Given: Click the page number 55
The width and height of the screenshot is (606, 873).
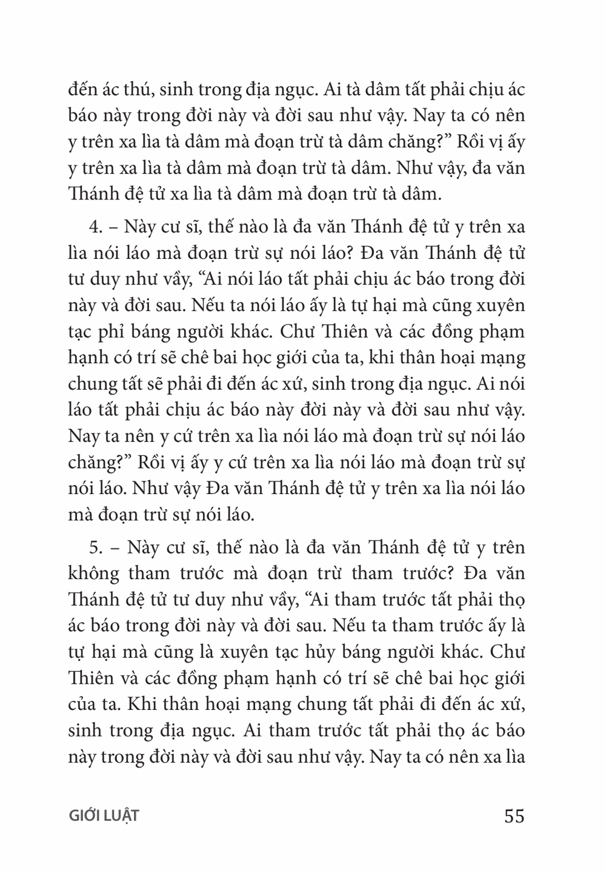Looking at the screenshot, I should click(x=513, y=815).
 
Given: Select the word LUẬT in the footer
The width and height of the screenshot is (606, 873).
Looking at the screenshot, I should click(x=125, y=816).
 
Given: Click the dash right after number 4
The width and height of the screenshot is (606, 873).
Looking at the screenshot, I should click(x=112, y=228).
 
